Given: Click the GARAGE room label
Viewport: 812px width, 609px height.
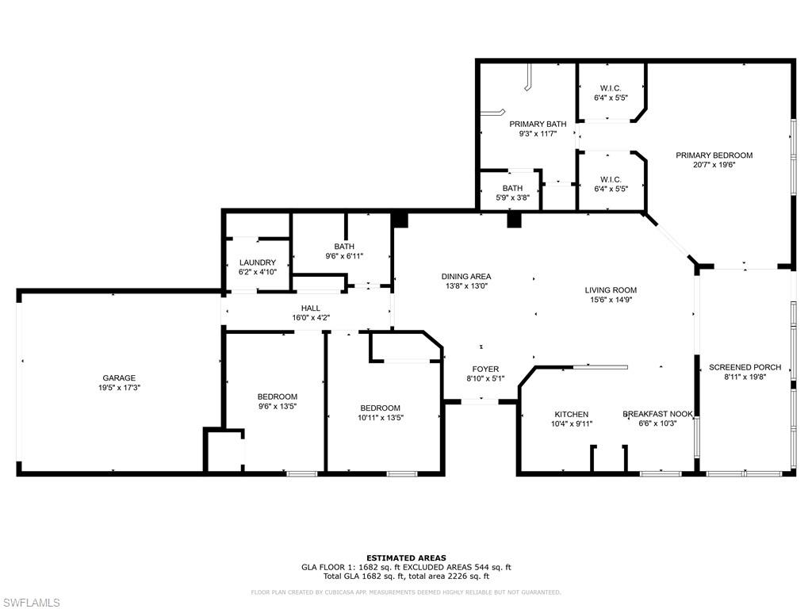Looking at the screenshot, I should (x=118, y=378).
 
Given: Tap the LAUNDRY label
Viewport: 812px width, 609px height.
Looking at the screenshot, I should (x=258, y=262).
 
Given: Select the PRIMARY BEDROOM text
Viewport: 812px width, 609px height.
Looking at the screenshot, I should (x=714, y=155).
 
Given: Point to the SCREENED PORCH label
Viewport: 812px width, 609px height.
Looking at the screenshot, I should (x=745, y=367).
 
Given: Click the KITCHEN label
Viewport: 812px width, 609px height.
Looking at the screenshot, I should (x=571, y=414).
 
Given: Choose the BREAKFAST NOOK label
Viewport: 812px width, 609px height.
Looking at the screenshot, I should (x=657, y=414).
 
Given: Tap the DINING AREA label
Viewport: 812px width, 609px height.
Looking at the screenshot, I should (x=466, y=277).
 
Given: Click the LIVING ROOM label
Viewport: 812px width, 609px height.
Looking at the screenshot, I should (x=611, y=290).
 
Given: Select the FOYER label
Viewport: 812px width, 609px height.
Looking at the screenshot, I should (x=485, y=369).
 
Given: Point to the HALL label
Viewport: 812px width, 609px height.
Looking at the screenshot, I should (x=310, y=308).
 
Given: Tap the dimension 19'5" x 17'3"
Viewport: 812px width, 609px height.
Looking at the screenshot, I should (x=118, y=389).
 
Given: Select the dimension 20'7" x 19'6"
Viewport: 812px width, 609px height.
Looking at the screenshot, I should (x=714, y=165).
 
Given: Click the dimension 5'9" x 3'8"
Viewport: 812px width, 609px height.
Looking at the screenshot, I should (x=511, y=197).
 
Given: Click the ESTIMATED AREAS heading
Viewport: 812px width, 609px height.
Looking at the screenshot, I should (x=406, y=557).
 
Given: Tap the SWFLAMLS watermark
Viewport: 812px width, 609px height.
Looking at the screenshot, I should (x=32, y=603).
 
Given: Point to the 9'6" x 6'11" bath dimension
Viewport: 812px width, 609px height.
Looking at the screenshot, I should (x=343, y=256).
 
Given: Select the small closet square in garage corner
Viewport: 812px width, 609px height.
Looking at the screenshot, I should (x=224, y=450).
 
